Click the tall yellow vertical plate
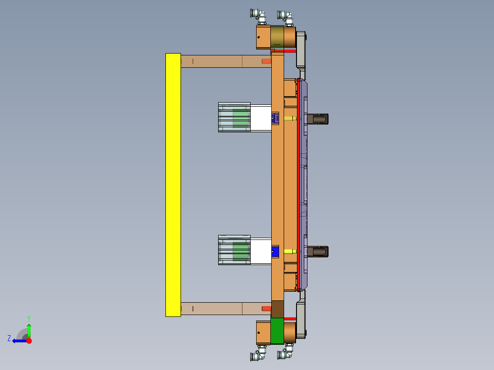(173, 185)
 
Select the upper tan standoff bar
(220, 61)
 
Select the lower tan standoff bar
(220, 308)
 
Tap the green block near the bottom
(277, 331)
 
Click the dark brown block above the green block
(277, 309)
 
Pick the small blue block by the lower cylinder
(275, 252)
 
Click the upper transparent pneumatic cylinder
(234, 117)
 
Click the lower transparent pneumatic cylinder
(234, 250)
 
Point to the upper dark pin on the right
(318, 119)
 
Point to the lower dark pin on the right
(318, 251)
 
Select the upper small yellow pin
(289, 119)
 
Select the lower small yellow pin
(289, 251)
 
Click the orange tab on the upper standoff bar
(266, 61)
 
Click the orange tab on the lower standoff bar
(266, 308)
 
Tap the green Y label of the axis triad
(28, 318)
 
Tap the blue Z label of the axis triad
(9, 338)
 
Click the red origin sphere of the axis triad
(29, 341)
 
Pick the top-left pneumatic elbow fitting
(259, 16)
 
